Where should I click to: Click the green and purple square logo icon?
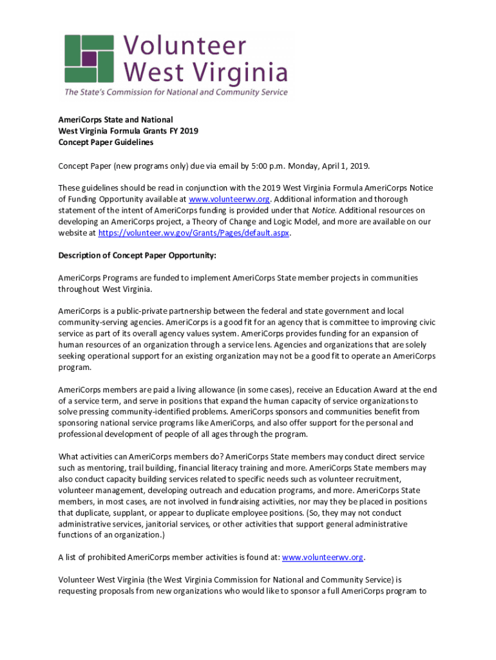[x=89, y=57]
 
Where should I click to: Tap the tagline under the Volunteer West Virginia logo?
[x=175, y=92]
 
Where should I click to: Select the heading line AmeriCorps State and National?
[x=115, y=120]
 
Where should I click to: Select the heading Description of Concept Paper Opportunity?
[x=137, y=255]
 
